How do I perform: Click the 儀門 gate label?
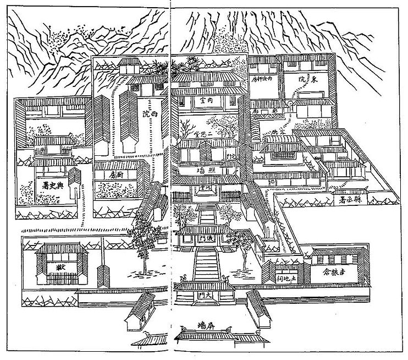click(x=203, y=238)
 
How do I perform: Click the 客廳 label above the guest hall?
click(x=278, y=133)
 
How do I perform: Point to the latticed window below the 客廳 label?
click(x=280, y=155)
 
